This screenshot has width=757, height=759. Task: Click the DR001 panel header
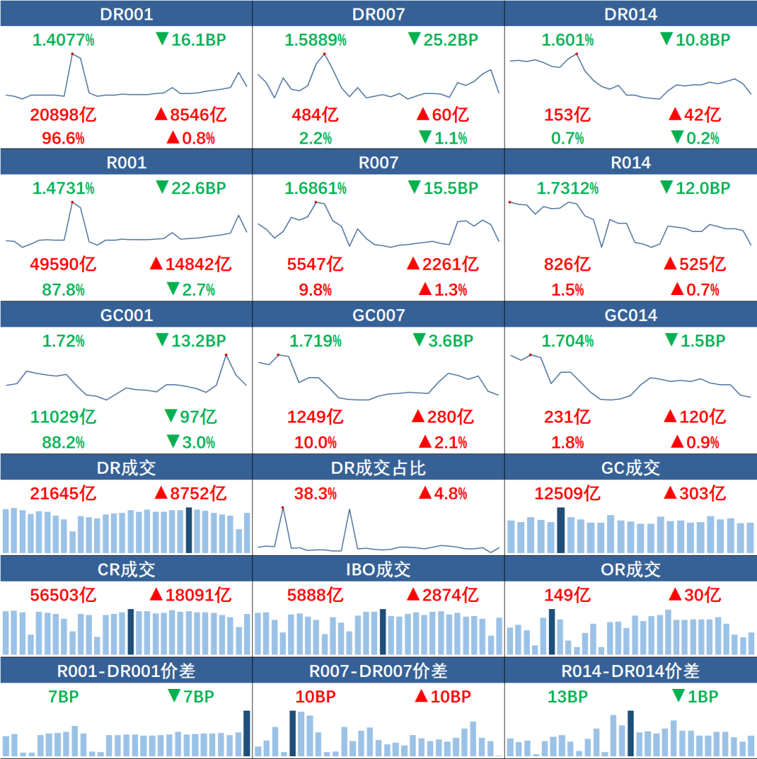(126, 14)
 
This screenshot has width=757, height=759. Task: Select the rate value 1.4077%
(63, 40)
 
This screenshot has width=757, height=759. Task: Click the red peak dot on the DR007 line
(325, 54)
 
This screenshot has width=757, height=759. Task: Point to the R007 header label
(378, 163)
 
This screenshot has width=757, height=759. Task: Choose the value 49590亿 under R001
(63, 264)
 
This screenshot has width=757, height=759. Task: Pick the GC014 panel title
(631, 315)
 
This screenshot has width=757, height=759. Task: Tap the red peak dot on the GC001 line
(226, 355)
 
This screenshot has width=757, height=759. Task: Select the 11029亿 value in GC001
(63, 417)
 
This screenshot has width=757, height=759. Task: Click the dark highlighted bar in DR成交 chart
(189, 530)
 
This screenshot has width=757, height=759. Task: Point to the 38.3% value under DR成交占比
(315, 493)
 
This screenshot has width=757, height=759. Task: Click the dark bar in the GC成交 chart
(560, 530)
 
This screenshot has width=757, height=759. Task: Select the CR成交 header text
(126, 569)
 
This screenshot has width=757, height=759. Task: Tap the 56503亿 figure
(63, 595)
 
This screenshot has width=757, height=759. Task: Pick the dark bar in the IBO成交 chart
(382, 631)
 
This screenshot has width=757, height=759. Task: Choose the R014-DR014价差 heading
(631, 671)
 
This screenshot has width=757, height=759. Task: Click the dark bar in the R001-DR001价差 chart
(247, 733)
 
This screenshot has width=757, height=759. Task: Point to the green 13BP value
(568, 697)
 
